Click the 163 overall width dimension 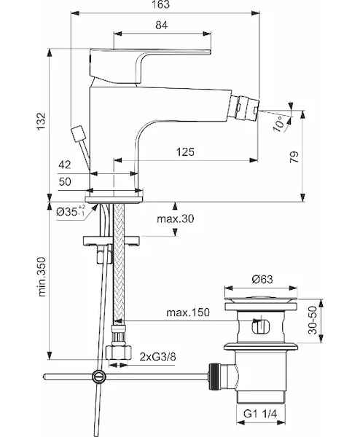pyautogui.click(x=161, y=5)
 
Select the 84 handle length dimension pyautogui.click(x=162, y=25)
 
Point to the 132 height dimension pyautogui.click(x=41, y=121)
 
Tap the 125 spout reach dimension pyautogui.click(x=185, y=152)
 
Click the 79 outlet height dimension pyautogui.click(x=294, y=157)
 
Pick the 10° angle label pyautogui.click(x=280, y=124)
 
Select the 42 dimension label pyautogui.click(x=65, y=165)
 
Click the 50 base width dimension pyautogui.click(x=65, y=181)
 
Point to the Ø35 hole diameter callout pyautogui.click(x=71, y=211)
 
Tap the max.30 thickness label pyautogui.click(x=176, y=219)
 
